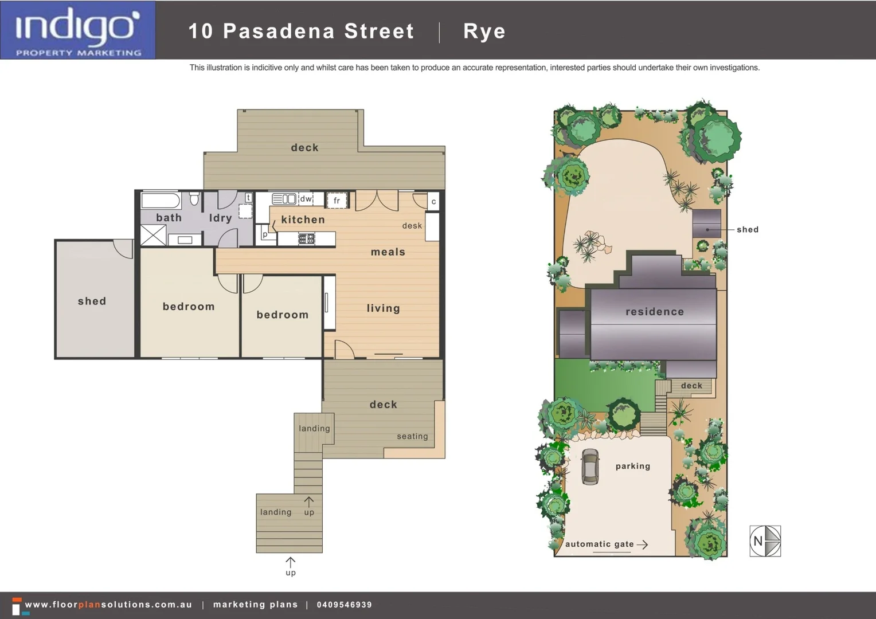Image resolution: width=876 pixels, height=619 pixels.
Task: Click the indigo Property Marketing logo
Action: pyautogui.click(x=78, y=30)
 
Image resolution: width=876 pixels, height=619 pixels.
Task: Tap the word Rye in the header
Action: pyautogui.click(x=484, y=31)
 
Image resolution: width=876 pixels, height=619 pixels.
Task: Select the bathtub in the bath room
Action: pyautogui.click(x=161, y=201)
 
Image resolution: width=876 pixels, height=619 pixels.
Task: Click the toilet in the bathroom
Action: pyautogui.click(x=194, y=199)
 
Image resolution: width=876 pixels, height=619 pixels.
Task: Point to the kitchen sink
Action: pyautogui.click(x=284, y=199)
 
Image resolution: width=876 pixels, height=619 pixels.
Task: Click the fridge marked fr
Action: pyautogui.click(x=337, y=201)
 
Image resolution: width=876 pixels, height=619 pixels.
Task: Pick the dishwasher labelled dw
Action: pyautogui.click(x=306, y=199)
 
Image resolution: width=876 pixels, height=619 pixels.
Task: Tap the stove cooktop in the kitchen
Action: pyautogui.click(x=307, y=238)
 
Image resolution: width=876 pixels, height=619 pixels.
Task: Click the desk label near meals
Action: pyautogui.click(x=412, y=226)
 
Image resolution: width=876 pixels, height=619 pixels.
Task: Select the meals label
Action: pyautogui.click(x=388, y=252)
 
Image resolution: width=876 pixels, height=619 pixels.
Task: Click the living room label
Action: pyautogui.click(x=384, y=308)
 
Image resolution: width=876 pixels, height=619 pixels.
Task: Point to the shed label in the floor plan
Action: pyautogui.click(x=92, y=301)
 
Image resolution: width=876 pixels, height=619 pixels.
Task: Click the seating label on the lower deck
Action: pyautogui.click(x=412, y=436)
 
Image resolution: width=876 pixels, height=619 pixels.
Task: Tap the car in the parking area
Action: pyautogui.click(x=590, y=467)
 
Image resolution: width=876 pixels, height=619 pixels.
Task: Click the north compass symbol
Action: pyautogui.click(x=765, y=541)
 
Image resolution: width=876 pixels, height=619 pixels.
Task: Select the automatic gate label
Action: pyautogui.click(x=600, y=544)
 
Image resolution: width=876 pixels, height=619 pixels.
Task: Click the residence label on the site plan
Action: pyautogui.click(x=655, y=312)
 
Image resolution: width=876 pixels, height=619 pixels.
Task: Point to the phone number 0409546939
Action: pyautogui.click(x=344, y=605)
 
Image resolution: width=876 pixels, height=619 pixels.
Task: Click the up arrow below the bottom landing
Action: pyautogui.click(x=291, y=562)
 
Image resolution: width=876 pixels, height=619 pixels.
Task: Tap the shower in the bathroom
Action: pyautogui.click(x=153, y=236)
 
